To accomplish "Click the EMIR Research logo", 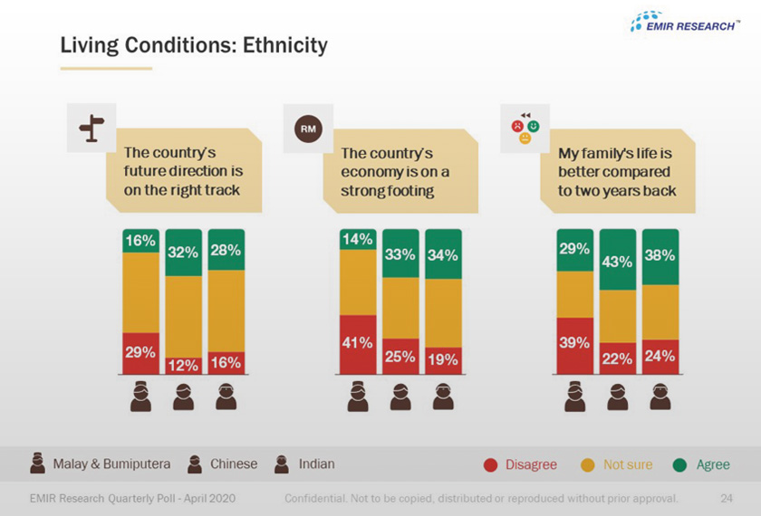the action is (x=685, y=22).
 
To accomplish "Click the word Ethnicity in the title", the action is (x=284, y=45).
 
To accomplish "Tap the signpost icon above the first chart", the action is (x=92, y=128).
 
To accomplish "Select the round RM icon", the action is (x=308, y=129).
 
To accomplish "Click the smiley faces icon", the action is (x=525, y=128).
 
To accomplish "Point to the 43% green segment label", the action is (x=617, y=262).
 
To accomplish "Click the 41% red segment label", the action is (x=357, y=343).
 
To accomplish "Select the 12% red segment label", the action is (x=183, y=365).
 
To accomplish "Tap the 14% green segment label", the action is (x=357, y=239).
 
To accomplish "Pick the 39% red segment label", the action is (x=574, y=342).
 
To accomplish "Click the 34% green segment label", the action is (x=443, y=255).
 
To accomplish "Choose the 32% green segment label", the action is (x=183, y=253).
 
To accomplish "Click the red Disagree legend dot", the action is (x=491, y=465).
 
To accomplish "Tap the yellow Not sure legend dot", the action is (x=588, y=465).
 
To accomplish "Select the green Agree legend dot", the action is (x=680, y=465).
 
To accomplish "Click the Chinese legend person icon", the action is (x=195, y=463).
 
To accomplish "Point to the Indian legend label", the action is (x=316, y=464).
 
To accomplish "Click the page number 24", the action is (x=727, y=498).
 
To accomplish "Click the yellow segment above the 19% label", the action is (x=443, y=313).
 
